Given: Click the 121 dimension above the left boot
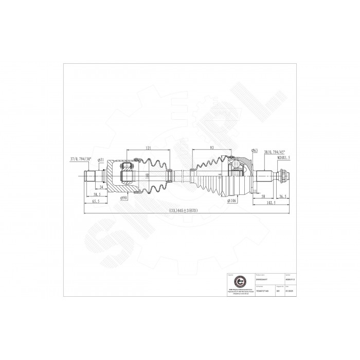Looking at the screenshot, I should [148, 148].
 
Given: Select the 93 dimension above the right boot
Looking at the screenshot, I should [212, 148].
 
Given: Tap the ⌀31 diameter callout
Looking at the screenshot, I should [101, 159].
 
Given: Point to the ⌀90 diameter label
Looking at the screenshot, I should [123, 197].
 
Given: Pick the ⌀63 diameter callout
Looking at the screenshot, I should [254, 150].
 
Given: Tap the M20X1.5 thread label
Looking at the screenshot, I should [283, 159].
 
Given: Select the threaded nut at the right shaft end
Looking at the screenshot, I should [282, 176].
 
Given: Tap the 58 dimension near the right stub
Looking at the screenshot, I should [263, 196].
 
